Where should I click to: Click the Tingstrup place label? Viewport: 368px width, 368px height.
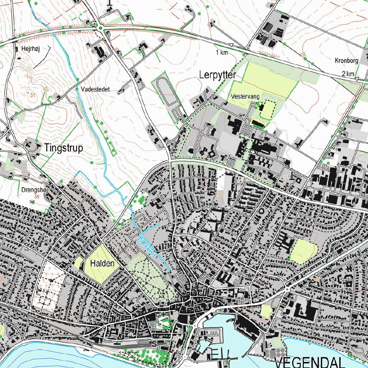coord(64,148)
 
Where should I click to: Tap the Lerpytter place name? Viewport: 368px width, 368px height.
coord(217,75)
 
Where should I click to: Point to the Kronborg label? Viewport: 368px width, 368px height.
coord(346,61)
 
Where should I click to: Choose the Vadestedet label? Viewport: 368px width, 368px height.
coord(95,89)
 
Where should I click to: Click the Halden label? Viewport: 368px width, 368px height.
coord(102,263)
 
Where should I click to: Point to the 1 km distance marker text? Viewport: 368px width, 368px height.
coord(222,53)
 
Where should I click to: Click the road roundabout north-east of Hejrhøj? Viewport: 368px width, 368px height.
coord(101,28)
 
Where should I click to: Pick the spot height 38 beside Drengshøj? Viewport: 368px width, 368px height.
coord(36,197)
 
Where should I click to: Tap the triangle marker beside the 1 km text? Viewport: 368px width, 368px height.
coord(231,45)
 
